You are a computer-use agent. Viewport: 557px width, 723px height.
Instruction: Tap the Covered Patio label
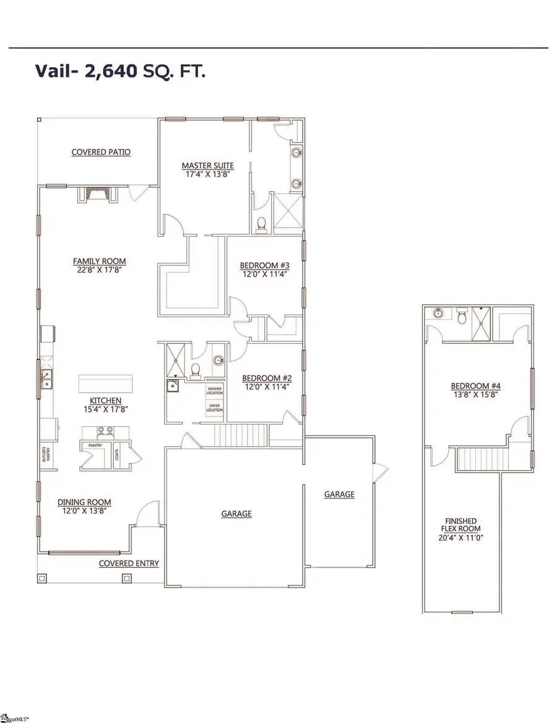pyautogui.click(x=101, y=152)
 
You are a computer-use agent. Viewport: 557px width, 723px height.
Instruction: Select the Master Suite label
pyautogui.click(x=199, y=165)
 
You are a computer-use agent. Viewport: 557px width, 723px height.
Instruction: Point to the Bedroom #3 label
pyautogui.click(x=264, y=266)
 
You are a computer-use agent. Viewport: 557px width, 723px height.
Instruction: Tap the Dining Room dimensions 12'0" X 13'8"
pyautogui.click(x=84, y=511)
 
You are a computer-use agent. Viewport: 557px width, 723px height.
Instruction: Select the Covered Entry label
pyautogui.click(x=129, y=563)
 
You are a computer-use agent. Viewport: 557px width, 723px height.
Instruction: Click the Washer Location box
pyautogui.click(x=214, y=390)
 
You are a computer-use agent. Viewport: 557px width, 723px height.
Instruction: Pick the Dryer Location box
pyautogui.click(x=214, y=408)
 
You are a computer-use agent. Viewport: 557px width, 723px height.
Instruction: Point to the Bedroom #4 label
pyautogui.click(x=475, y=386)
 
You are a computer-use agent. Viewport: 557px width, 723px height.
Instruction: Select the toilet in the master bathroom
pyautogui.click(x=261, y=224)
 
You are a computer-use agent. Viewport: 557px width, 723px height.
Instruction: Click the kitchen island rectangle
pyautogui.click(x=106, y=383)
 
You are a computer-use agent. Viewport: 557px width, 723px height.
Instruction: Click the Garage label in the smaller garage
pyautogui.click(x=340, y=494)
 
